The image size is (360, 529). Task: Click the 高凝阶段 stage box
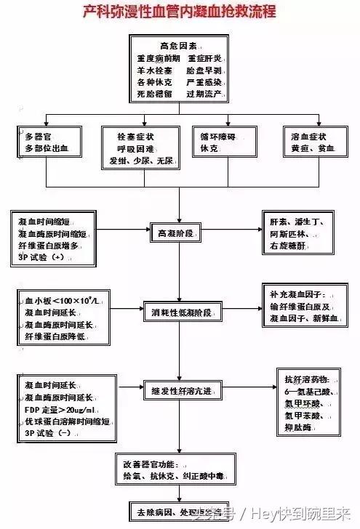pyautogui.click(x=179, y=234)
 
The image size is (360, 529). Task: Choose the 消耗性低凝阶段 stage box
pyautogui.click(x=181, y=313)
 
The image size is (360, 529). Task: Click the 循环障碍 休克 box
pyautogui.click(x=217, y=142)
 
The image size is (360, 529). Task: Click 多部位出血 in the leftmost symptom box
pyautogui.click(x=46, y=148)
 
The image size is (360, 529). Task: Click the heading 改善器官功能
pyautogui.click(x=151, y=464)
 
